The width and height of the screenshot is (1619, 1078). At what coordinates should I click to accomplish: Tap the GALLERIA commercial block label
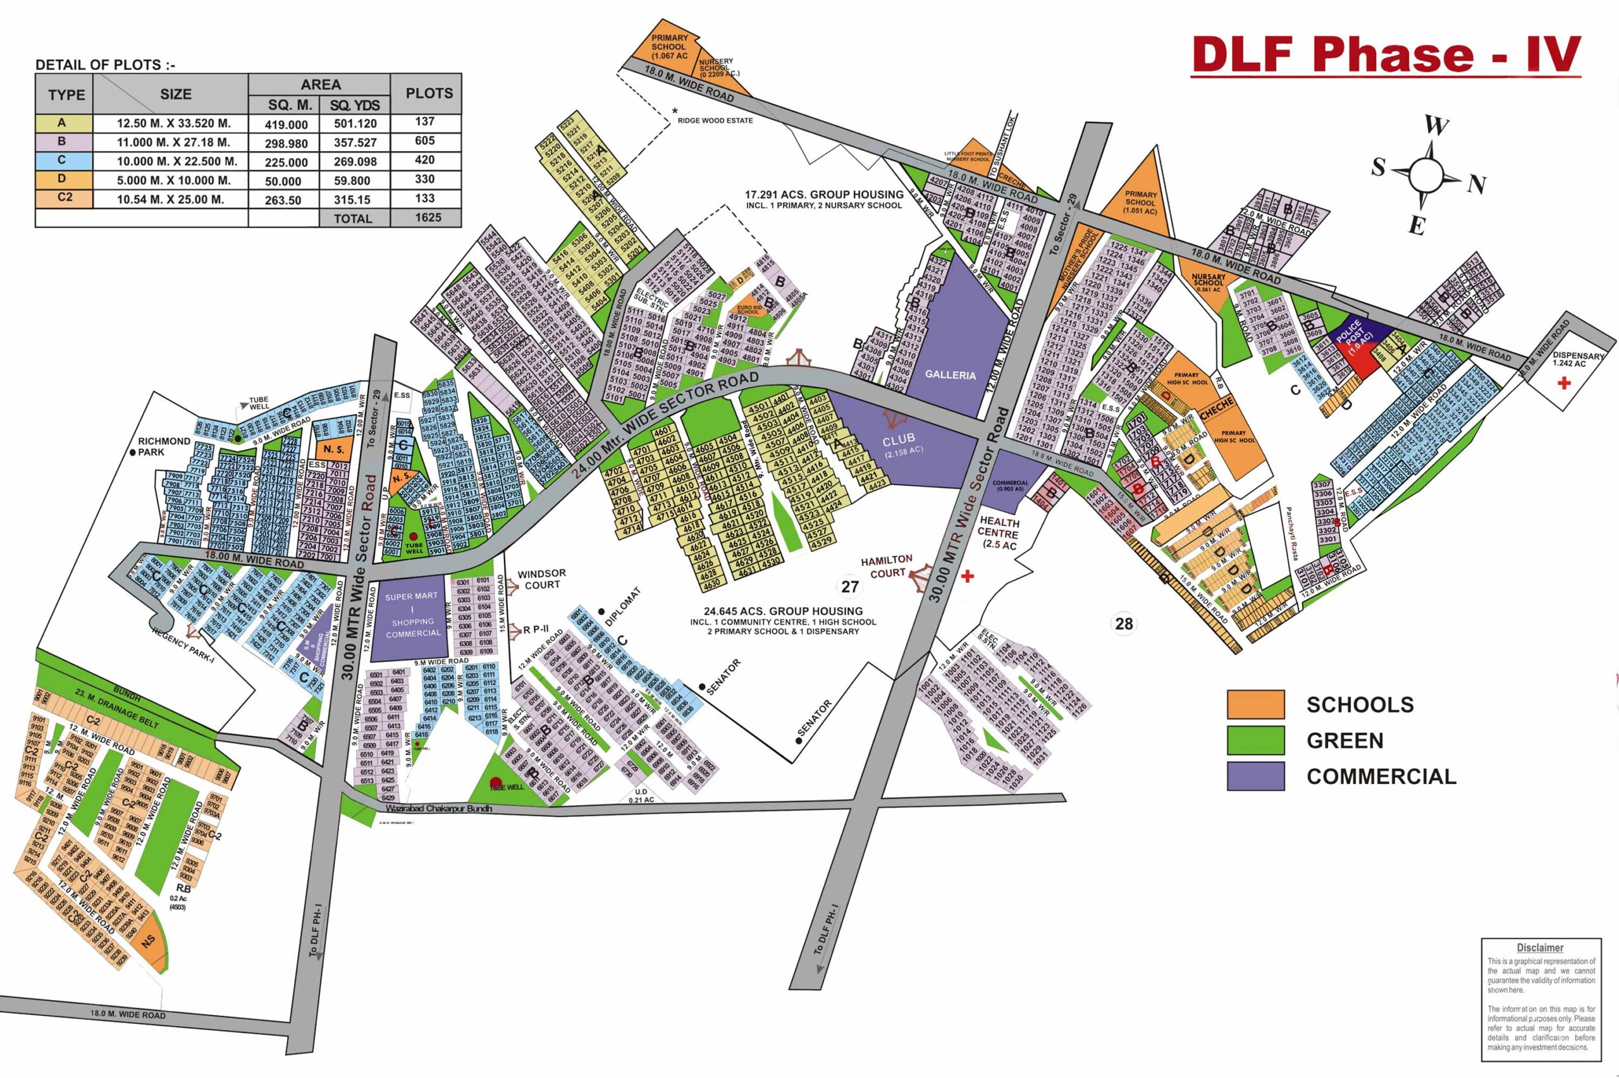point(950,375)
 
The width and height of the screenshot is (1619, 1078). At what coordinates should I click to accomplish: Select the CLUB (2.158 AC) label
point(901,443)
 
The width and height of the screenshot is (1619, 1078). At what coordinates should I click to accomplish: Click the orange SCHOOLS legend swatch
point(1255,705)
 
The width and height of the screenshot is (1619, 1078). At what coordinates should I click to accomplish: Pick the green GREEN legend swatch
point(1255,740)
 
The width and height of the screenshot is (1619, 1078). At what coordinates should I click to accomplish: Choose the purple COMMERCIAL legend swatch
point(1255,776)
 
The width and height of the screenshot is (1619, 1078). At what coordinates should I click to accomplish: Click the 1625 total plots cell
point(425,217)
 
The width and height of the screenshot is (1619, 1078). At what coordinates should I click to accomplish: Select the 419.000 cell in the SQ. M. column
point(284,125)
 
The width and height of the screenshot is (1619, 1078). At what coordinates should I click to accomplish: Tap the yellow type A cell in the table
point(63,124)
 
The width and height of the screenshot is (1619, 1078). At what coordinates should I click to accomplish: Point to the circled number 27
point(850,587)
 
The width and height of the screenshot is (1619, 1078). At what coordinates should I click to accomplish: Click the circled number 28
point(1123,623)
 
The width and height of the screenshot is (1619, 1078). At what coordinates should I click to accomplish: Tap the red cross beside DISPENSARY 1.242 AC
point(1564,383)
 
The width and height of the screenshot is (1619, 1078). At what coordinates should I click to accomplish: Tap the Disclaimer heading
point(1540,948)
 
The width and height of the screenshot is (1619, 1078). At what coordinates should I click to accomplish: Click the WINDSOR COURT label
point(542,579)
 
